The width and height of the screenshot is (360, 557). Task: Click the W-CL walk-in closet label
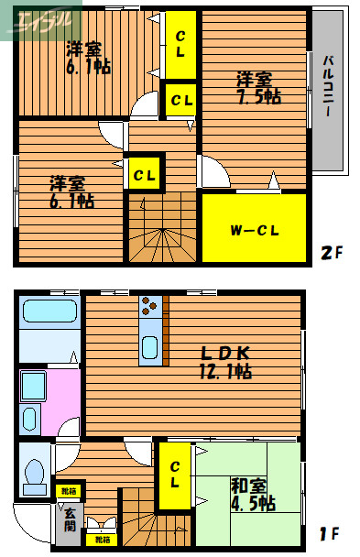click(x=254, y=229)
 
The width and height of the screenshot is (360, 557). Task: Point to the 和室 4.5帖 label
click(x=252, y=494)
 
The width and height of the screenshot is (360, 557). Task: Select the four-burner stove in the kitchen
click(x=150, y=305)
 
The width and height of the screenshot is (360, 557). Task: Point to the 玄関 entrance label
click(x=69, y=519)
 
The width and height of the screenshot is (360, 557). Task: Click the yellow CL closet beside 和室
click(x=174, y=476)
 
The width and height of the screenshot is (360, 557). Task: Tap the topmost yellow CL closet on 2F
click(x=180, y=45)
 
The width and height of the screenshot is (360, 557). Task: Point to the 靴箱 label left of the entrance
click(x=68, y=492)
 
